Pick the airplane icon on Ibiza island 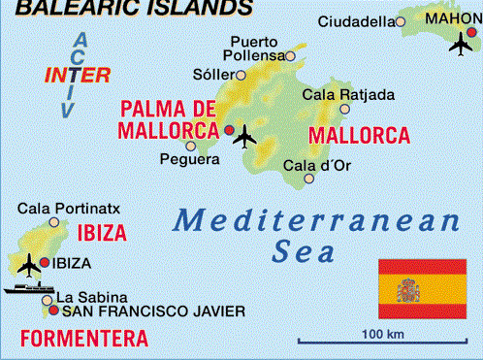coord(29,263)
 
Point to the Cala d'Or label coord(316,164)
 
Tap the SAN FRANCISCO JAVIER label coord(152,311)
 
